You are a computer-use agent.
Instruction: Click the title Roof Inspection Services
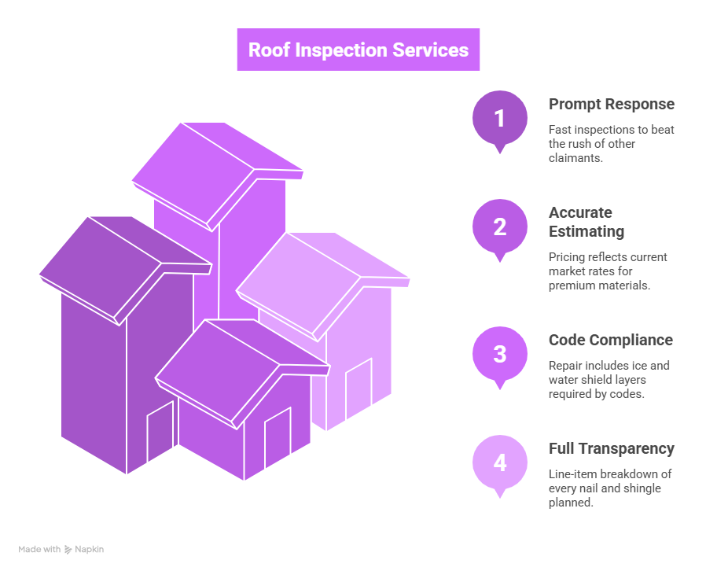pos(358,50)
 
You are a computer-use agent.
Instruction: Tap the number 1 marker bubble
pos(499,119)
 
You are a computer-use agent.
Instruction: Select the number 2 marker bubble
pos(499,227)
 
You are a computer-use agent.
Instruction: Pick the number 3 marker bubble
pos(499,354)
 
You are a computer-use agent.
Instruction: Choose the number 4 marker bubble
pos(499,462)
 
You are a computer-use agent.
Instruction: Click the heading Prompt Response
pos(611,104)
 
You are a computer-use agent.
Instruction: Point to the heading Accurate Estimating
pos(586,222)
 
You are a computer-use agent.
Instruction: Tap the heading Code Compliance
pos(610,340)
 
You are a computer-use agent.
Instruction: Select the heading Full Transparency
pos(611,448)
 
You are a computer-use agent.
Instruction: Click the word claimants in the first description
pos(573,158)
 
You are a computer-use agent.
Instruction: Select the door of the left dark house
pos(160,433)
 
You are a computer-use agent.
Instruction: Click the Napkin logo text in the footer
pos(89,550)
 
